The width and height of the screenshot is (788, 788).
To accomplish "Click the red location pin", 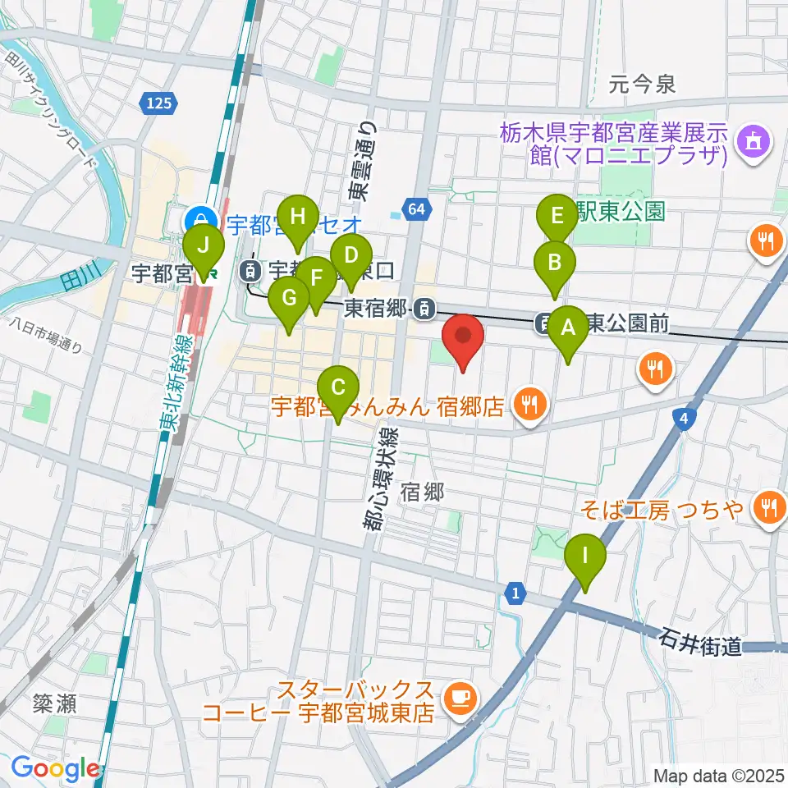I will tap(463, 341).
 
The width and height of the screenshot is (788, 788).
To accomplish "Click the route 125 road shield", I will tap(161, 103).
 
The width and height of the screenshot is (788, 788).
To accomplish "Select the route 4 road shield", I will tap(683, 419).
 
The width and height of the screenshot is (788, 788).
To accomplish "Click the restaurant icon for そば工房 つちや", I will tap(769, 506).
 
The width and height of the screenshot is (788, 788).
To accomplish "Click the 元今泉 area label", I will tap(642, 83).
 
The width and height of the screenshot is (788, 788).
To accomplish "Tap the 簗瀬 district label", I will tap(55, 703).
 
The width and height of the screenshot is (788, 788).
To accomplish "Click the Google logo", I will tap(56, 768).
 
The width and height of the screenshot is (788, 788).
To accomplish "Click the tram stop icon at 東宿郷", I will tap(424, 309).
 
